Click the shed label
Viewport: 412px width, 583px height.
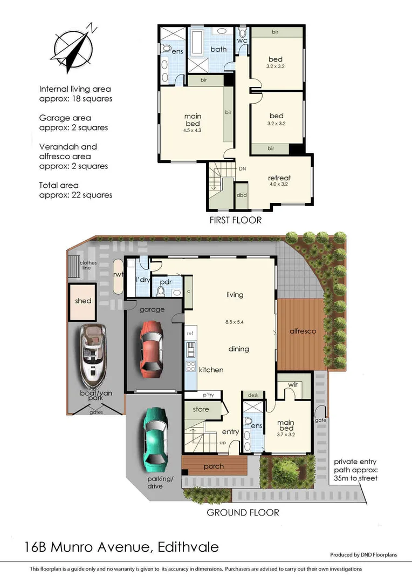[83, 301]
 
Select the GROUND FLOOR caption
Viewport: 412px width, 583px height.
[243, 512]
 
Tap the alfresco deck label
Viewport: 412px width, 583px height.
[303, 331]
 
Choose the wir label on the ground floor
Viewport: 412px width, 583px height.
[293, 385]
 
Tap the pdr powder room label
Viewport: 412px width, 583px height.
[165, 281]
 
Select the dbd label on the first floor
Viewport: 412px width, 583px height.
[242, 194]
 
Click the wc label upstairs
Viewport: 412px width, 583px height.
[243, 40]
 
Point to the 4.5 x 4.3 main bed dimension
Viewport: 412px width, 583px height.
[193, 130]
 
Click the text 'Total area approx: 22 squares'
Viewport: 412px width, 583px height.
[76, 189]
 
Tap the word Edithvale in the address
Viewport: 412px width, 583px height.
[188, 547]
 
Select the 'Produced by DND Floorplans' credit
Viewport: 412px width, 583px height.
[368, 554]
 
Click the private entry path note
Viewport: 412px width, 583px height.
[355, 470]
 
